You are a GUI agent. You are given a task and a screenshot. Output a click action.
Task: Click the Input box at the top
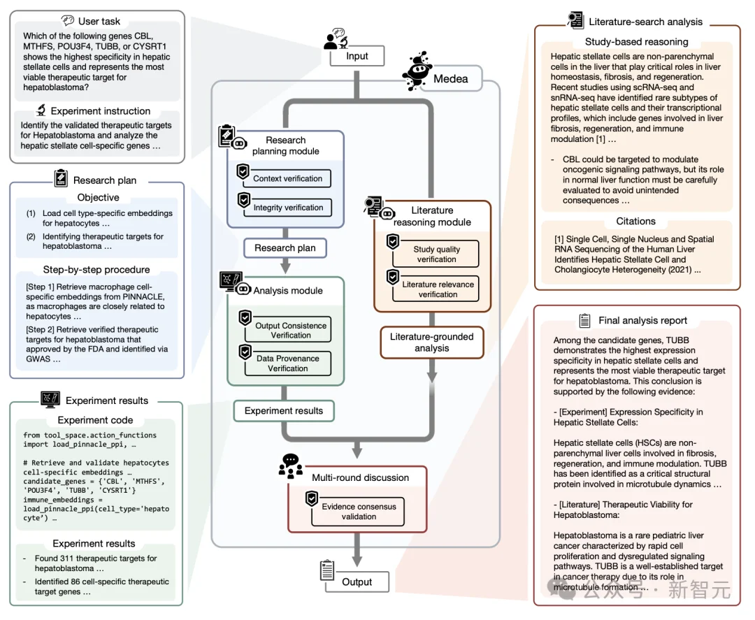tap(357, 57)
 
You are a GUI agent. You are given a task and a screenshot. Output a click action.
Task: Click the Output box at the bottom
tap(357, 582)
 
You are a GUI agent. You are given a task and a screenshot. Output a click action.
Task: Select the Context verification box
tap(287, 178)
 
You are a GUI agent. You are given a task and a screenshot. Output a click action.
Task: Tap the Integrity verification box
tap(287, 208)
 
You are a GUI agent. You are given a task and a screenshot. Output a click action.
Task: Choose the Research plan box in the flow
tap(285, 247)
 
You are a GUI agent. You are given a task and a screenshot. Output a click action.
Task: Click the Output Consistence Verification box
tap(290, 331)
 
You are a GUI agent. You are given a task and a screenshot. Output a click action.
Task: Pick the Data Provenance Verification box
tap(287, 363)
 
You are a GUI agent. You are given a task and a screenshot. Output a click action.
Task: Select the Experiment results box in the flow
tap(284, 411)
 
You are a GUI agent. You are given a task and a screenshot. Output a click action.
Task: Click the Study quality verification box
tap(436, 254)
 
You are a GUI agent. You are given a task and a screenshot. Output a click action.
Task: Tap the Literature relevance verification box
tap(438, 289)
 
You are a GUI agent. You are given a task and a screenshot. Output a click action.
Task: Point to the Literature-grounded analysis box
tap(431, 343)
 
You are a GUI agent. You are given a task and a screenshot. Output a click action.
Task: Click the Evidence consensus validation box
tap(359, 512)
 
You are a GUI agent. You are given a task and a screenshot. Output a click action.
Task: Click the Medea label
tap(451, 78)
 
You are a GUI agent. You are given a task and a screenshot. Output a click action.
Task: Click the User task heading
tap(99, 21)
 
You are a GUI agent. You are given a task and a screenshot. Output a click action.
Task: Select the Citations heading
tap(635, 221)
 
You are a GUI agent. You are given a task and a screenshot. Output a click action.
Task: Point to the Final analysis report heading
tap(642, 320)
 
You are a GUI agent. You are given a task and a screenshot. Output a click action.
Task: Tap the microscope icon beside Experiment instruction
tap(41, 110)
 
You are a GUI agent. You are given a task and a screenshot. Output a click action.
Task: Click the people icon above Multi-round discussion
tap(291, 466)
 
